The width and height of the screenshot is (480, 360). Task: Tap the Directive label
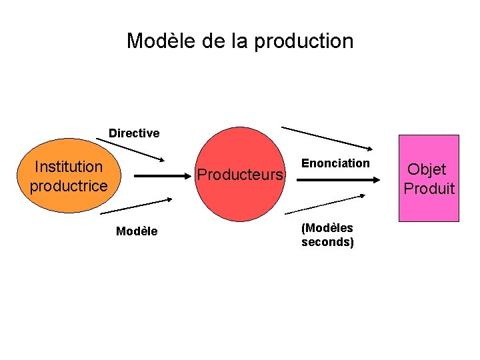click(134, 133)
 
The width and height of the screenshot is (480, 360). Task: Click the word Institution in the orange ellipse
click(69, 166)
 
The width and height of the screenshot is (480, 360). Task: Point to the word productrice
click(69, 185)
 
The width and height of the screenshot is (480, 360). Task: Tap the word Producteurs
click(242, 175)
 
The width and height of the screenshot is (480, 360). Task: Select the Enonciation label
click(335, 163)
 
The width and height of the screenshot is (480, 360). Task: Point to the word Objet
click(427, 169)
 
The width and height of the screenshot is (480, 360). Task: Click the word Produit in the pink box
click(429, 189)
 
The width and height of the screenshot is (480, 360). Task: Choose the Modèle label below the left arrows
click(137, 231)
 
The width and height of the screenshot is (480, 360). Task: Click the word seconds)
click(327, 242)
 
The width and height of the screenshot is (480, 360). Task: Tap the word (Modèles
click(327, 228)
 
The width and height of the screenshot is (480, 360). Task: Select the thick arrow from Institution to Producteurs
click(163, 176)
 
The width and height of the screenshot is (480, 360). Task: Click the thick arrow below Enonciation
click(337, 179)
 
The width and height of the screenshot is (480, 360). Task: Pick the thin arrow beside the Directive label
click(129, 149)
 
